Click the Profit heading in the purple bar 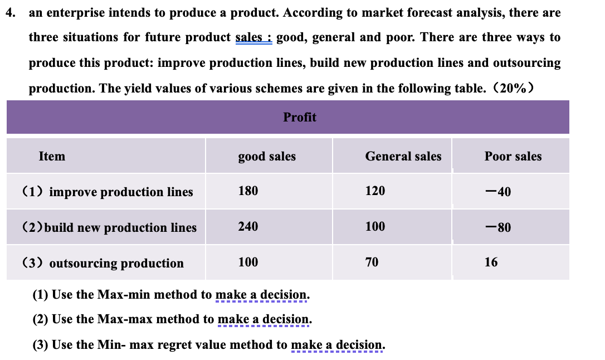tap(300, 117)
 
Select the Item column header tap(52, 157)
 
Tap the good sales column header tap(267, 157)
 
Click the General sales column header tap(403, 157)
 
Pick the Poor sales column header tap(513, 157)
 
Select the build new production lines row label tap(109, 227)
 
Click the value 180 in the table tap(248, 191)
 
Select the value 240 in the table tap(248, 226)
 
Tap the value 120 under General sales tap(375, 191)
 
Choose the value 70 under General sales tap(372, 262)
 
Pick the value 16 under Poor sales tap(491, 262)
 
